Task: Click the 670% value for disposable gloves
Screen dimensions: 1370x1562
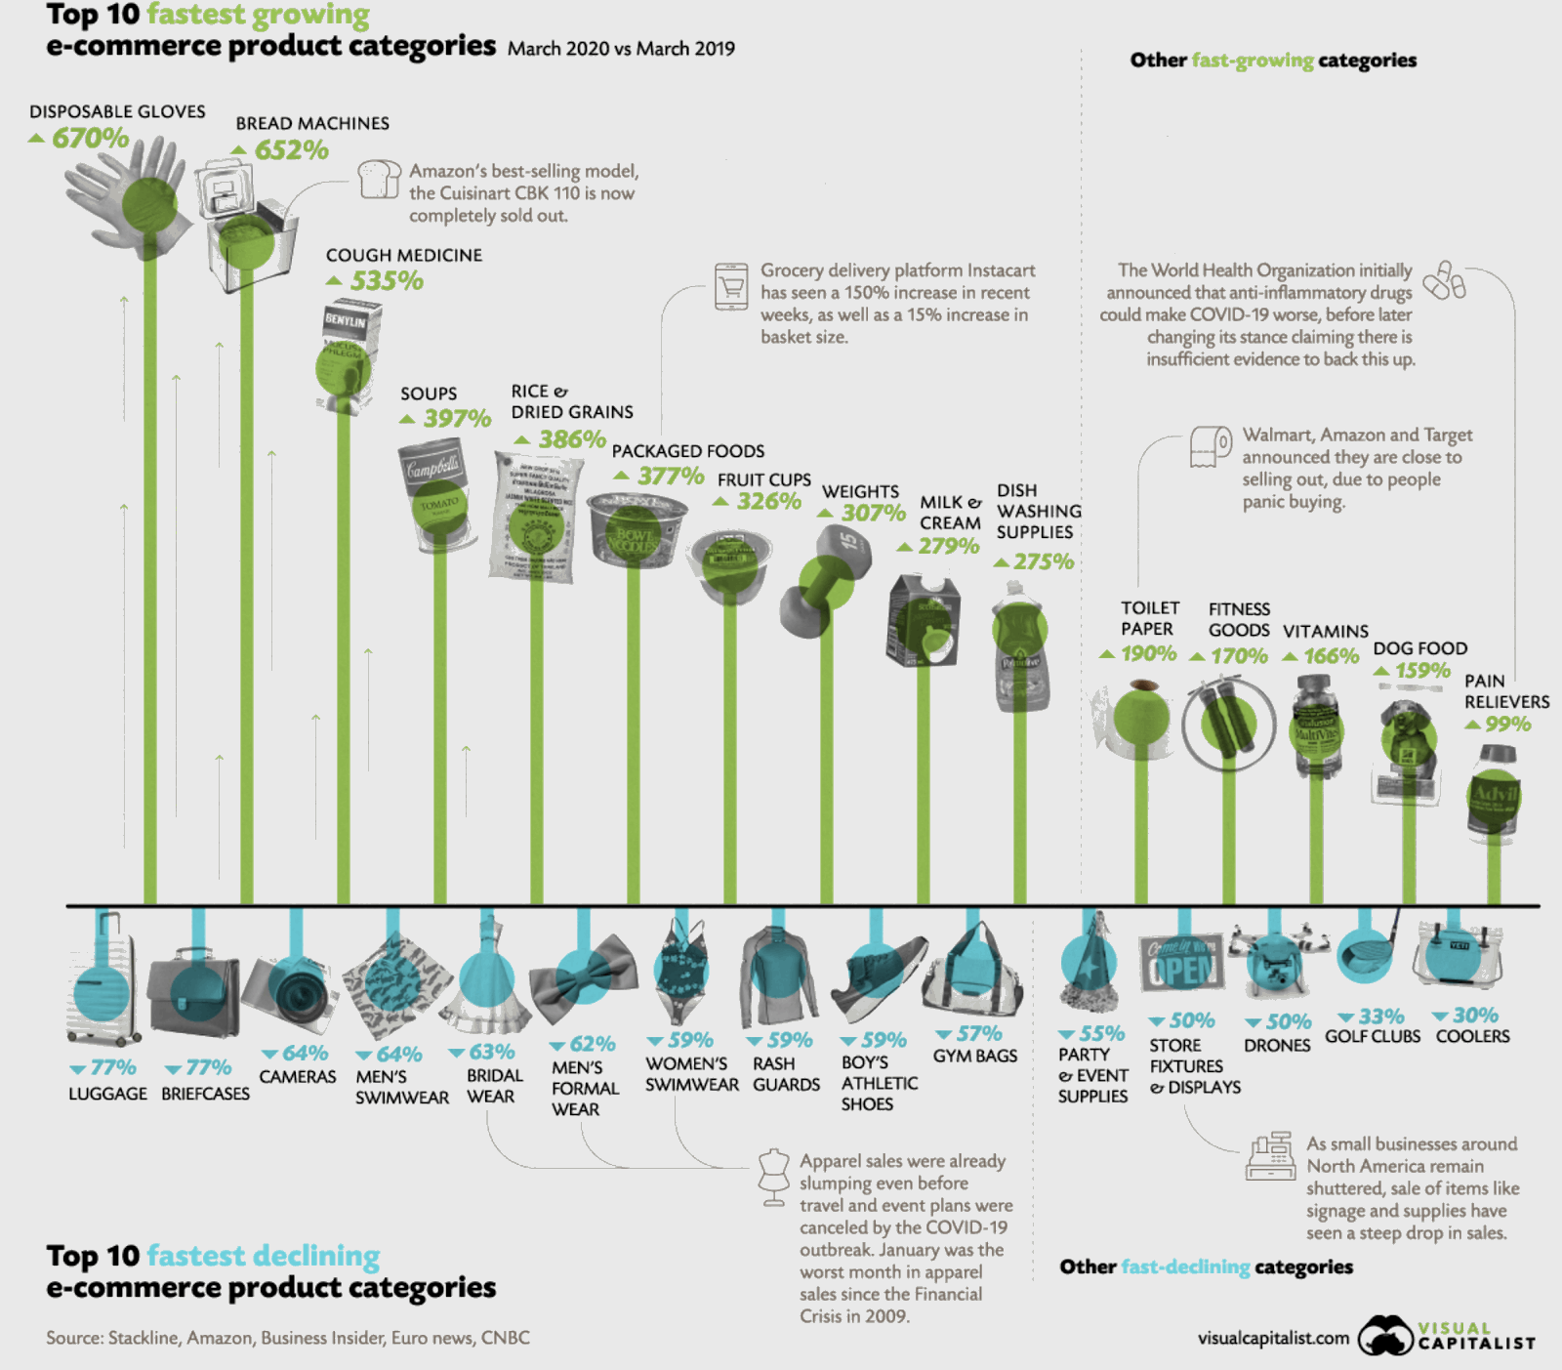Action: coord(90,138)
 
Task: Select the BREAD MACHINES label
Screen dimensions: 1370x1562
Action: coord(312,124)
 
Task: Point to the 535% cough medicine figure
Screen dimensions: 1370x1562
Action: coord(387,281)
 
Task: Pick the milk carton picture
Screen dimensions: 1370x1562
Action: coord(924,622)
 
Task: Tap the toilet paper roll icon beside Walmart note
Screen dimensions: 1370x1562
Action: coord(1211,446)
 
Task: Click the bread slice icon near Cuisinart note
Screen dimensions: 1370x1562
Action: coord(379,180)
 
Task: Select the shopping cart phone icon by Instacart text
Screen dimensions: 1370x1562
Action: coord(731,286)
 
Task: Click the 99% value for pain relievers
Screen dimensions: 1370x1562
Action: coord(1507,725)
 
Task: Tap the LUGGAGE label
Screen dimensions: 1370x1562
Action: coord(107,1094)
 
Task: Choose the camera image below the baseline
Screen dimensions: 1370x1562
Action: coord(292,994)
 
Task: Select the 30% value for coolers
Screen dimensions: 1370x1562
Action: coord(1475,1016)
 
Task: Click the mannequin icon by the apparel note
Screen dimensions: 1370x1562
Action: coord(774,1176)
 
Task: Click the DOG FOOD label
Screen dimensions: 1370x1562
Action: coord(1419,648)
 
